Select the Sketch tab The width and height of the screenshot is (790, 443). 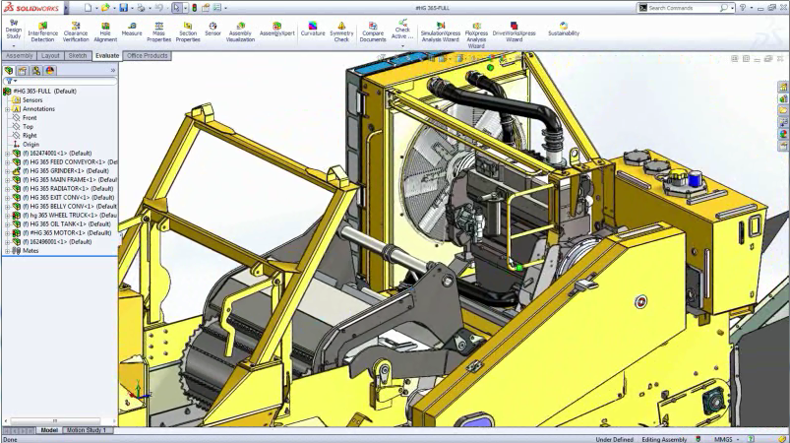(x=79, y=56)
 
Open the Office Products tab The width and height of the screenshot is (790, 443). (x=148, y=56)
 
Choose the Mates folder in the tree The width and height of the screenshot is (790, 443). (x=30, y=250)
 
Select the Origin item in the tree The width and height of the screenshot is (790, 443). (x=30, y=144)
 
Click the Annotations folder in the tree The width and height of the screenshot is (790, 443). (x=38, y=108)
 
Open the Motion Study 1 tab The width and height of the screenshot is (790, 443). (x=88, y=430)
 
